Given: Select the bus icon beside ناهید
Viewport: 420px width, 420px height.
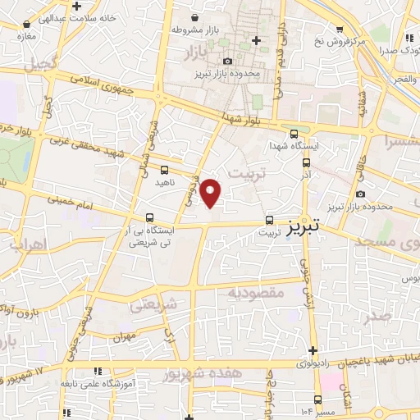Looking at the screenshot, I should [166, 170].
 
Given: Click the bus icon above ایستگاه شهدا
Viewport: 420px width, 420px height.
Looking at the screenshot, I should [294, 135].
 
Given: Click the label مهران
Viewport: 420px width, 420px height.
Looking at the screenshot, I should [125, 336].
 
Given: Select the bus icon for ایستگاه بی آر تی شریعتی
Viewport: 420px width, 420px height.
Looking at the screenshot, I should [148, 218].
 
